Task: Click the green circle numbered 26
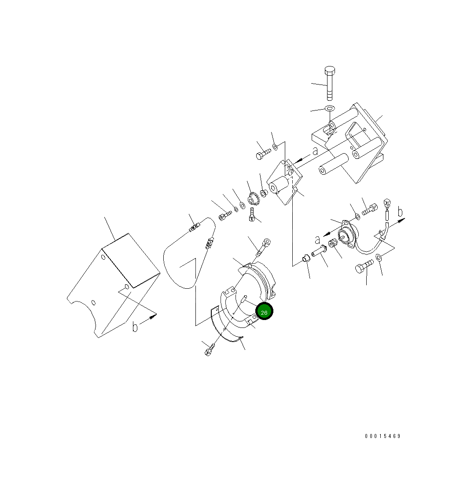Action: (264, 312)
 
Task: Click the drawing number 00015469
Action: (383, 436)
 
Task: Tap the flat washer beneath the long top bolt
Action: (330, 108)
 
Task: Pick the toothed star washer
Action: (253, 199)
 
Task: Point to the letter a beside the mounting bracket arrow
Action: (315, 151)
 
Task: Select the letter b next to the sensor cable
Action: (400, 213)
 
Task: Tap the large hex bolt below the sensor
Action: (363, 266)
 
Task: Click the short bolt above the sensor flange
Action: (369, 210)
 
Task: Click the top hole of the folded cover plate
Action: (103, 257)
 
